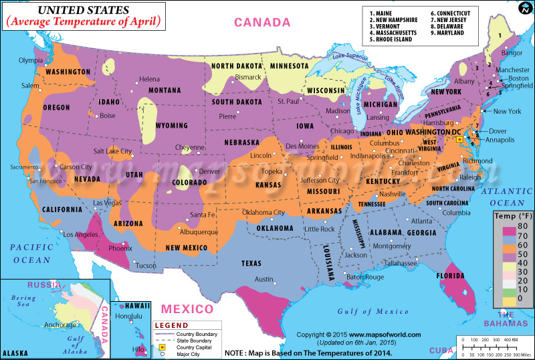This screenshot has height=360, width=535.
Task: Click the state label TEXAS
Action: pyautogui.click(x=251, y=263)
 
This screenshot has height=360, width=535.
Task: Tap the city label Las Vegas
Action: pyautogui.click(x=106, y=203)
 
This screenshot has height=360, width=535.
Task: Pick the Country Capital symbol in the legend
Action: pyautogui.click(x=161, y=347)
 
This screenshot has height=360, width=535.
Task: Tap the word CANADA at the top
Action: pyautogui.click(x=262, y=23)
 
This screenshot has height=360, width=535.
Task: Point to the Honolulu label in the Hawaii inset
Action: pyautogui.click(x=129, y=316)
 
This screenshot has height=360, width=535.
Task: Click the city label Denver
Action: pyautogui.click(x=209, y=171)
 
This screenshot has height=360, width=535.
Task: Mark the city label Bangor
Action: pyautogui.click(x=512, y=52)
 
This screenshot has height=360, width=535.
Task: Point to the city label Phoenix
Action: pyautogui.click(x=120, y=248)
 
